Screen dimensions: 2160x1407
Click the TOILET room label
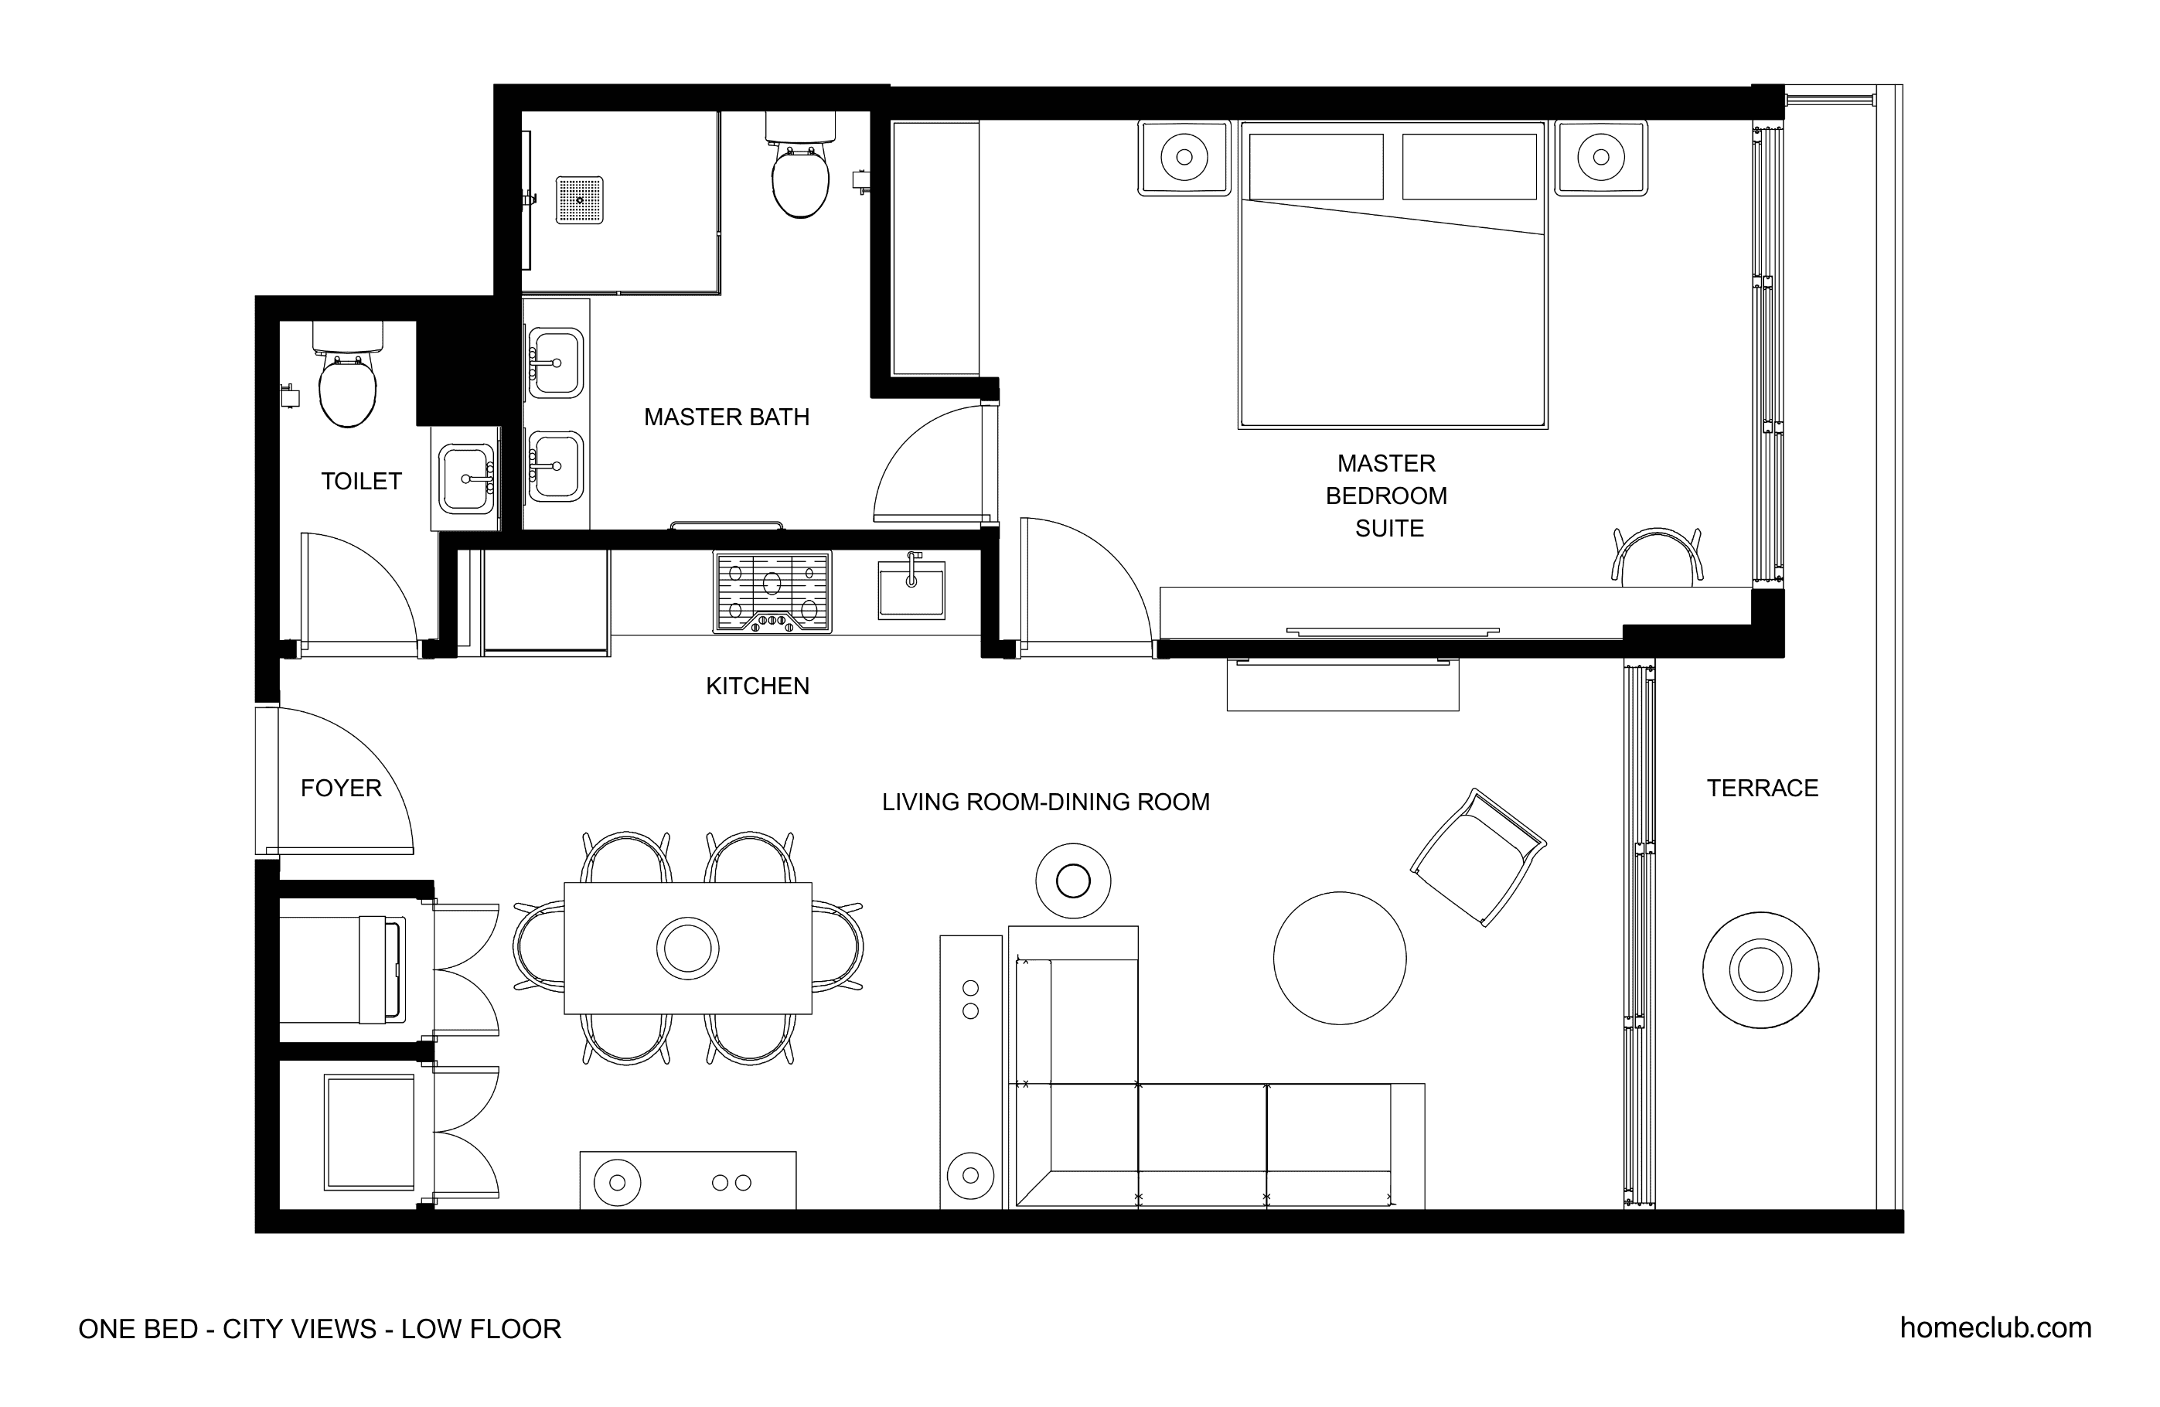coord(361,481)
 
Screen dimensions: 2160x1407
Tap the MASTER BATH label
coord(726,417)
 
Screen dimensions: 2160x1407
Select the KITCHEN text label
coord(757,686)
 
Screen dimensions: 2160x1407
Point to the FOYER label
coord(341,788)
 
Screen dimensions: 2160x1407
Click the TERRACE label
coord(1763,788)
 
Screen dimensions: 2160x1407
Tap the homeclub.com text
coord(1995,1328)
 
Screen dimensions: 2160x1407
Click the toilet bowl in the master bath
coord(800,182)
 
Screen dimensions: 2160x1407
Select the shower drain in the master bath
coord(579,200)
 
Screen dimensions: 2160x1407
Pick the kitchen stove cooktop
coord(772,592)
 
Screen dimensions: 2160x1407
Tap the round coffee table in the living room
coord(1340,959)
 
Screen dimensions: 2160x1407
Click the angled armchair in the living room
coord(1477,857)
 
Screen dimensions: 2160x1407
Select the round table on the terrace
coord(1760,970)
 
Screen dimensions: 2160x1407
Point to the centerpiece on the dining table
coord(688,949)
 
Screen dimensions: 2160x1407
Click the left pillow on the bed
coord(1316,167)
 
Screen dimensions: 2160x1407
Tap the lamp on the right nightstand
coord(1601,157)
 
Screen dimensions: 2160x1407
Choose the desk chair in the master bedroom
coord(1657,556)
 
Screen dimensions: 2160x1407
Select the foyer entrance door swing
coord(344,782)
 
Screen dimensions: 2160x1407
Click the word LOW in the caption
coord(430,1329)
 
